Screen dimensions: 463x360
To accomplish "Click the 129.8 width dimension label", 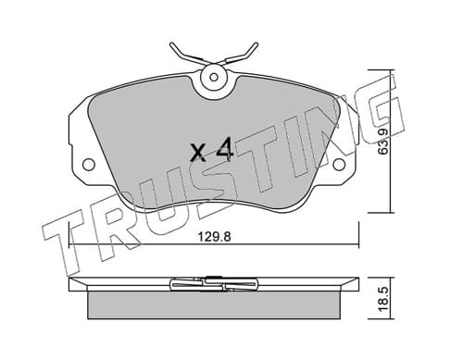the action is (x=214, y=237).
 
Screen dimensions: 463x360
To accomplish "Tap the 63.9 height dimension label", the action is (x=383, y=141).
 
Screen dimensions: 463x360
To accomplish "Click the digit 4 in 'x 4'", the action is (x=224, y=150).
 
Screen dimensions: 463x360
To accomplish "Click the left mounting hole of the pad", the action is (x=89, y=164).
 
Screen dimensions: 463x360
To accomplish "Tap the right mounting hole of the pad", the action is (x=339, y=164).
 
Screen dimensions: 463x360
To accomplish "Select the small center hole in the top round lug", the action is (x=214, y=77).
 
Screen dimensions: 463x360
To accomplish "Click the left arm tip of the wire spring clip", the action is (x=171, y=44).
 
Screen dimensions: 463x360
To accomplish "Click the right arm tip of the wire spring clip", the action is (x=256, y=44).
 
